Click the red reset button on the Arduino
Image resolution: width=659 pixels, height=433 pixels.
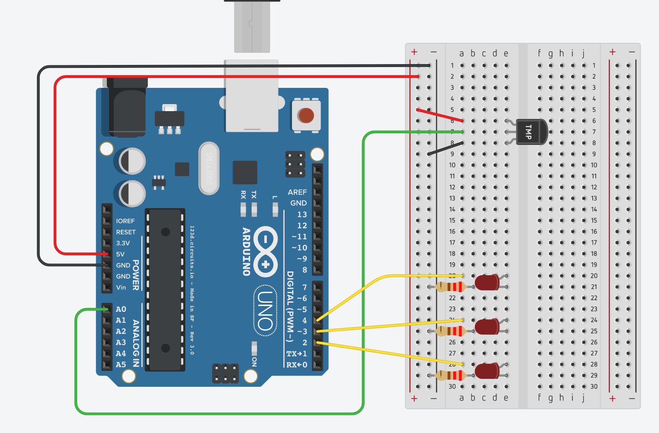tap(306, 115)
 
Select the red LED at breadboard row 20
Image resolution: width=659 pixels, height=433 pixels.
tap(486, 282)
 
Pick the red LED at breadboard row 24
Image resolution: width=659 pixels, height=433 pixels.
tap(486, 326)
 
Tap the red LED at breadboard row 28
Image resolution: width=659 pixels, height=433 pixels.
tap(486, 371)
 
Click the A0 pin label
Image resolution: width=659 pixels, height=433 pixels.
tap(121, 309)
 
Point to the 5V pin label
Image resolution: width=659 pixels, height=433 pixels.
tap(120, 254)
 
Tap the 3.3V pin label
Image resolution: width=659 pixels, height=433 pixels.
tap(123, 243)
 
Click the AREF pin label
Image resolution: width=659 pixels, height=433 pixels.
tap(297, 192)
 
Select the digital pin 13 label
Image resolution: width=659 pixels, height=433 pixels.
tap(302, 214)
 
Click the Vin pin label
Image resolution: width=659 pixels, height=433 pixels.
tap(121, 287)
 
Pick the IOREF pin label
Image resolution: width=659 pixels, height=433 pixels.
tap(125, 221)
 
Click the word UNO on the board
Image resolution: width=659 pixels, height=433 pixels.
tap(265, 310)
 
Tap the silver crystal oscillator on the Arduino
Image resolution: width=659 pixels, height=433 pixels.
tap(209, 168)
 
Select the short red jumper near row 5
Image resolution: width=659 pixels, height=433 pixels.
tap(440, 115)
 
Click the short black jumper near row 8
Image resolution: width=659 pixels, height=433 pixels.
tap(445, 148)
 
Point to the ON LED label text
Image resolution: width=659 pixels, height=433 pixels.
tap(254, 361)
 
